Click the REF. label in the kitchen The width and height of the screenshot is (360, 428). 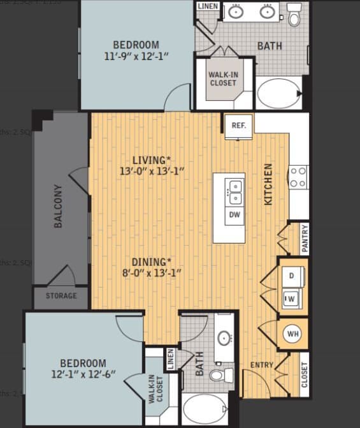[x=239, y=126]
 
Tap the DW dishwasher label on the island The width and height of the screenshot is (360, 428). [x=234, y=215]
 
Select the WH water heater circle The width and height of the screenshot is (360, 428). [x=293, y=334]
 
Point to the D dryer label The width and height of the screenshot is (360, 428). [x=292, y=276]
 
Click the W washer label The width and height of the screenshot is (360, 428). [x=291, y=298]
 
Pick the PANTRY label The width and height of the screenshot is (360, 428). [x=305, y=239]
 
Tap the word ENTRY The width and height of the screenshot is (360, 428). [x=261, y=365]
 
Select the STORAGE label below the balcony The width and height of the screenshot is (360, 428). [x=61, y=296]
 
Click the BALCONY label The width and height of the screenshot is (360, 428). [x=58, y=206]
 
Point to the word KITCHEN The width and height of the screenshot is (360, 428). [x=268, y=184]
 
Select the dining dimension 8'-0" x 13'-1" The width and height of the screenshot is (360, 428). [x=152, y=273]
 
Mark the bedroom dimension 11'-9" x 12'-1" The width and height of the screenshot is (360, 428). [x=136, y=55]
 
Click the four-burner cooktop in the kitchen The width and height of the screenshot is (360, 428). [x=298, y=177]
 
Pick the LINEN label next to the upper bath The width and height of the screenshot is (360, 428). [x=208, y=6]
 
